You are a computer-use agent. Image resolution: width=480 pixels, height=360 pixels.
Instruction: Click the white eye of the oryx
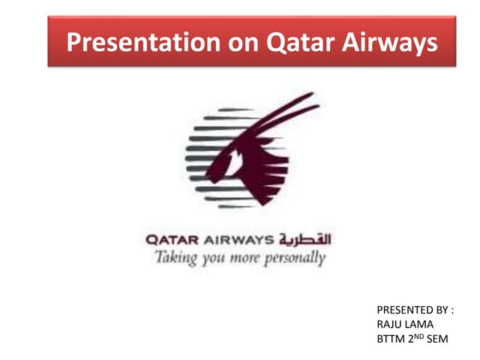[235, 160]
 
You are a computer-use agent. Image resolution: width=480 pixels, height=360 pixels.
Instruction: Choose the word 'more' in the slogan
[250, 259]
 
